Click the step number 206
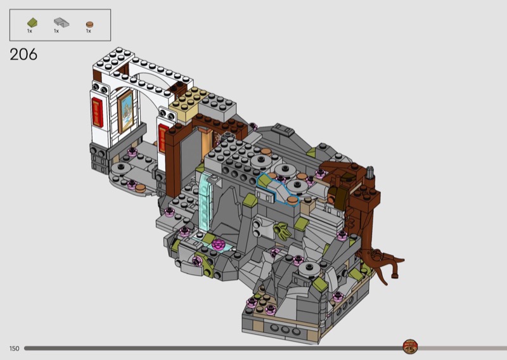click(23, 55)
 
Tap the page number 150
click(14, 349)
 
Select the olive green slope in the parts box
click(32, 23)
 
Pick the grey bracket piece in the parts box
click(61, 22)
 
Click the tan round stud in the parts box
click(89, 24)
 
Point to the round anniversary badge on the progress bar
click(410, 347)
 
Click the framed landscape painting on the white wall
click(125, 112)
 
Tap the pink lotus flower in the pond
click(219, 244)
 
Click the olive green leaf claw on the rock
click(281, 231)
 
